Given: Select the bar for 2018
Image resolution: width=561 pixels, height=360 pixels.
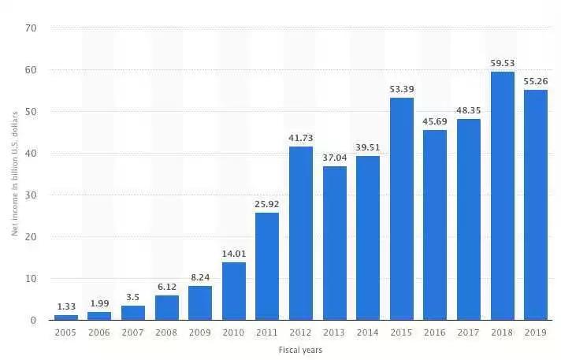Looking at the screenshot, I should (x=502, y=196).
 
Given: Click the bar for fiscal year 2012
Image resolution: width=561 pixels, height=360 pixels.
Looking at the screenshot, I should (x=301, y=233).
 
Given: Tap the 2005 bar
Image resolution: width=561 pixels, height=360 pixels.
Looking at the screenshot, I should (x=66, y=317).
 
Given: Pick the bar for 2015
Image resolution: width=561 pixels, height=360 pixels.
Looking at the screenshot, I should (x=402, y=209).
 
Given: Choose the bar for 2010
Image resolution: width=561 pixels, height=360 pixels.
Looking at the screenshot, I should (x=234, y=291).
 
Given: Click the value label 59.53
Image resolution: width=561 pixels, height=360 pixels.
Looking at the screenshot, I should (x=502, y=62).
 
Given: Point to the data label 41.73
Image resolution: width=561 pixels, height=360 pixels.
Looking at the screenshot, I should (x=301, y=137).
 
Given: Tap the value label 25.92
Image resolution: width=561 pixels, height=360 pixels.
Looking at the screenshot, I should (x=268, y=203).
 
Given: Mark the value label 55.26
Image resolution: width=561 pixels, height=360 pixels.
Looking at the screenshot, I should (x=536, y=80).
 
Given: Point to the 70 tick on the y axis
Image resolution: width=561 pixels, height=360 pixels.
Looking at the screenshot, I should (x=32, y=28).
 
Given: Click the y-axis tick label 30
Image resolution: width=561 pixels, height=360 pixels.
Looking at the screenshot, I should (x=32, y=195).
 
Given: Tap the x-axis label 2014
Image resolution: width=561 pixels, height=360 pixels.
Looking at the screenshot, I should (x=368, y=333).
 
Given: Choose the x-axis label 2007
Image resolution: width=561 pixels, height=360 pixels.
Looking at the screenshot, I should (x=133, y=333).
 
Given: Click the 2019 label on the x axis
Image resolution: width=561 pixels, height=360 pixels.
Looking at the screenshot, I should (x=536, y=333).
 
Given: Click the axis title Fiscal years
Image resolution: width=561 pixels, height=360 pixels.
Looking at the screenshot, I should (x=301, y=349).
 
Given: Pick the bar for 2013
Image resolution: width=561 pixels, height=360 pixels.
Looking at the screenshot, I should (x=335, y=243).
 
